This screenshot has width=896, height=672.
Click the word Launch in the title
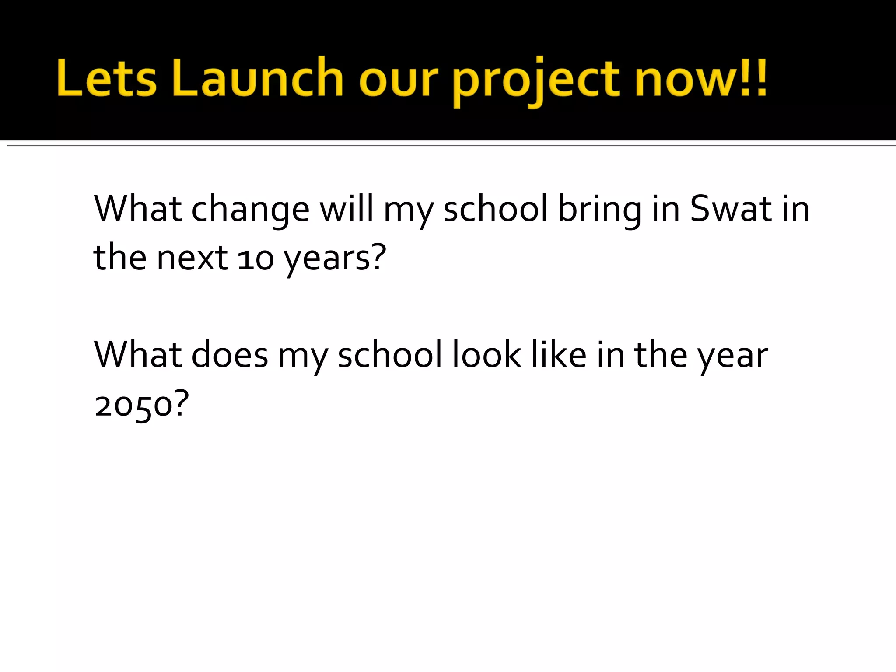(x=258, y=77)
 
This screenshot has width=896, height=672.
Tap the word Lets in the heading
(x=106, y=77)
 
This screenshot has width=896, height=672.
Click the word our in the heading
(x=398, y=81)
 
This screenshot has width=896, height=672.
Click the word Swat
(x=730, y=209)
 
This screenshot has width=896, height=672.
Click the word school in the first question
(x=495, y=209)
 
